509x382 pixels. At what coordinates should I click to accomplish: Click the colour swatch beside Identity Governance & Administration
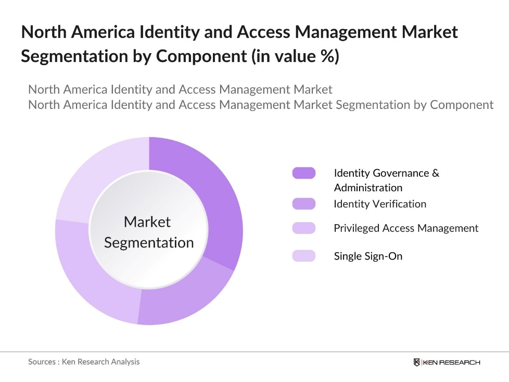pyautogui.click(x=304, y=173)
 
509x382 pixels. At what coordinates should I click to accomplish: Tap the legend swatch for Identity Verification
pyautogui.click(x=304, y=204)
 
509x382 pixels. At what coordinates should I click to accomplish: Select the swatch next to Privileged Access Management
pyautogui.click(x=304, y=228)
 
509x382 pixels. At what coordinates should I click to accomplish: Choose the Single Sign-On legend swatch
pyautogui.click(x=304, y=256)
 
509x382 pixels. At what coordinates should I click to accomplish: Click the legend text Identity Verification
pyautogui.click(x=380, y=204)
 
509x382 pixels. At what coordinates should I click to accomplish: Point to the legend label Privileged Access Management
pyautogui.click(x=406, y=228)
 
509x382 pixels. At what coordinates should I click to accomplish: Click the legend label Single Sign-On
pyautogui.click(x=368, y=256)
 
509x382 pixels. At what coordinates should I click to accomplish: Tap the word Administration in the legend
pyautogui.click(x=368, y=188)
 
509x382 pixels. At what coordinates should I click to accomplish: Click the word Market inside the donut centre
pyautogui.click(x=147, y=222)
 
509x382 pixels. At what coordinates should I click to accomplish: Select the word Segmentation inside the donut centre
pyautogui.click(x=149, y=242)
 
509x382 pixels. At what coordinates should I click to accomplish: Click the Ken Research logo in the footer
pyautogui.click(x=447, y=362)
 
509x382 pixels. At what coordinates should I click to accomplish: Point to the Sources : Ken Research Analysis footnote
pyautogui.click(x=84, y=362)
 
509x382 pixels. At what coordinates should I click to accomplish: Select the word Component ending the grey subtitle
pyautogui.click(x=462, y=105)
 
